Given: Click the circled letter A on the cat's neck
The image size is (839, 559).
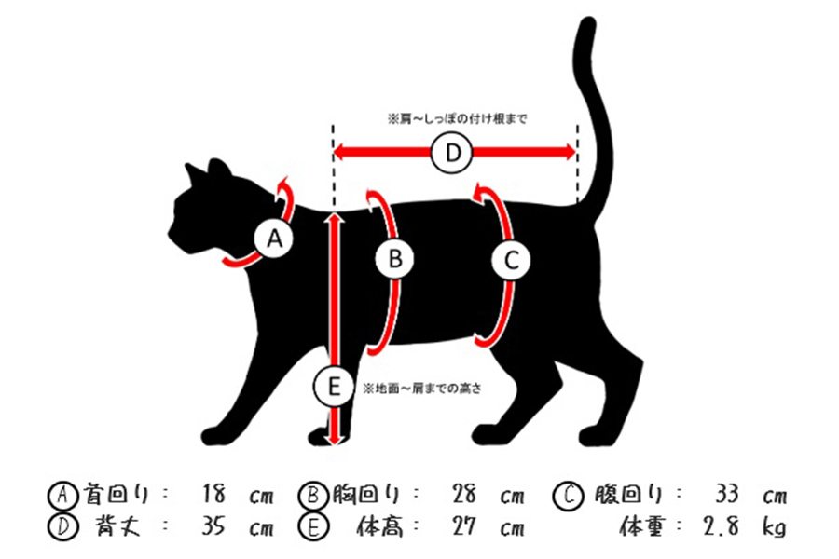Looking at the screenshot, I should point(273,239).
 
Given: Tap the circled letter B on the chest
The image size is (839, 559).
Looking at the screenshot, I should point(395,260).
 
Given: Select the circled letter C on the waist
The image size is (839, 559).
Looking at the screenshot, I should point(511,261).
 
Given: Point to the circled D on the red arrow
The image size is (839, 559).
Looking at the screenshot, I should point(453,154).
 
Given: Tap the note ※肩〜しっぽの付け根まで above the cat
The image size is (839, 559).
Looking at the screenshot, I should point(457,119).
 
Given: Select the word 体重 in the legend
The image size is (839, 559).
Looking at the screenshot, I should point(642,527).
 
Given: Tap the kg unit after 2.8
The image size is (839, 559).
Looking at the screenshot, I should point(775,528).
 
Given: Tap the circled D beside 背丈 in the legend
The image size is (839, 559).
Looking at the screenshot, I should point(59,527).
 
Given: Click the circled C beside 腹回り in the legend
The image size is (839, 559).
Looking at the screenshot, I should point(570,494).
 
